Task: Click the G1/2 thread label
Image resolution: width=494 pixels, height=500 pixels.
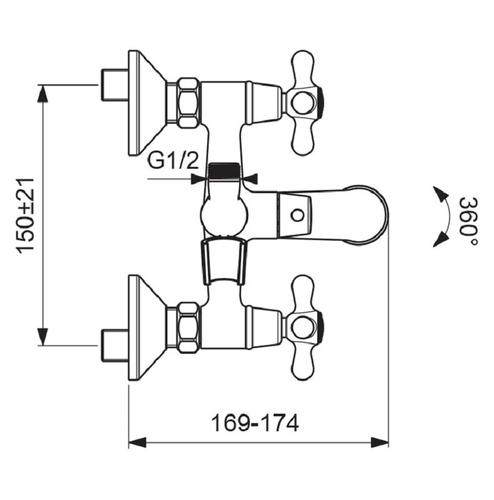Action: tap(173, 161)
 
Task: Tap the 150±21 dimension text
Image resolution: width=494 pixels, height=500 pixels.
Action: tap(26, 216)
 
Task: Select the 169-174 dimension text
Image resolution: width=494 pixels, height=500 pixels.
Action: tap(255, 423)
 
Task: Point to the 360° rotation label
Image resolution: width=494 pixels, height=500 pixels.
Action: tap(468, 221)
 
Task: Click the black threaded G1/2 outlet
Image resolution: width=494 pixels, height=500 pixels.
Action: tap(224, 171)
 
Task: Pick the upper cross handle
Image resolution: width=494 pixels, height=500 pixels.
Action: tap(304, 103)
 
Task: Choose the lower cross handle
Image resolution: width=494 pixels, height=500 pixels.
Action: tap(304, 327)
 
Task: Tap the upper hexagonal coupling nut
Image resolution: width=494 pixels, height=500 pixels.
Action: tap(188, 103)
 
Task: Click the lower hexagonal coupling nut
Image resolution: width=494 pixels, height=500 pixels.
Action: tap(188, 327)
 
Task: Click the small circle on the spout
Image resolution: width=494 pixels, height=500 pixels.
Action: tap(297, 216)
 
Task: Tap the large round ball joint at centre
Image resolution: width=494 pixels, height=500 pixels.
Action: tap(223, 216)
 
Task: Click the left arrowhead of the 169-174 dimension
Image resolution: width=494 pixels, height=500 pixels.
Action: tap(137, 442)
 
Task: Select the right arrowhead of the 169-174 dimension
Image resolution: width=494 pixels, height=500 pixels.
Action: tap(380, 442)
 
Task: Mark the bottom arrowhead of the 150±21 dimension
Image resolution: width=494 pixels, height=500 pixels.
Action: tap(42, 337)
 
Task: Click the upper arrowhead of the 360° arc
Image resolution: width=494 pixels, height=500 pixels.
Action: tap(439, 193)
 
